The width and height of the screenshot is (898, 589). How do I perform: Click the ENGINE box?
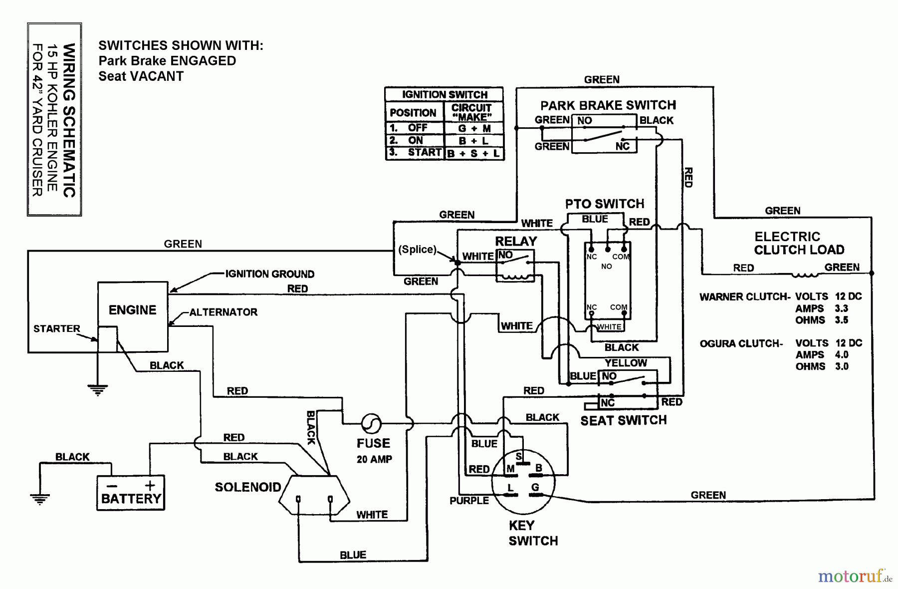coord(132,310)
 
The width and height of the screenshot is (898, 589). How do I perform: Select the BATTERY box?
coord(131,493)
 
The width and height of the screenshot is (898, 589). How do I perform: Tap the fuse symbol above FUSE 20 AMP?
coord(371,424)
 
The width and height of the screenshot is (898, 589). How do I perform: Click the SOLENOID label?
coord(247,487)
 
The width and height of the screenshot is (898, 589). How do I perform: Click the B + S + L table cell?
coord(473,153)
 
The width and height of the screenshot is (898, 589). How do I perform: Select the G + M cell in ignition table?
coord(473,128)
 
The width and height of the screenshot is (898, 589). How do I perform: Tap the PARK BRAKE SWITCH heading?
coord(608,105)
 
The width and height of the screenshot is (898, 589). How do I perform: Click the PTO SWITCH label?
coord(605,204)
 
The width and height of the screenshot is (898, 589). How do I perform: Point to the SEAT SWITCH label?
coord(623,420)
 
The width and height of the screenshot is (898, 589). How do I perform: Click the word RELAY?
coord(516,241)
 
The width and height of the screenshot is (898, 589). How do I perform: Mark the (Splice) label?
coord(417,249)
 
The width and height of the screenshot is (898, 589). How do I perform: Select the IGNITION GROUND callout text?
coord(269,274)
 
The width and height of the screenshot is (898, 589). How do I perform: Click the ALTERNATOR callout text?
coord(223,312)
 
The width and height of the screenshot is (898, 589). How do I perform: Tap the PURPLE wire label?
coord(469,501)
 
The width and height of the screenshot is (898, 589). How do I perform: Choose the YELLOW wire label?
coord(626,363)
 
